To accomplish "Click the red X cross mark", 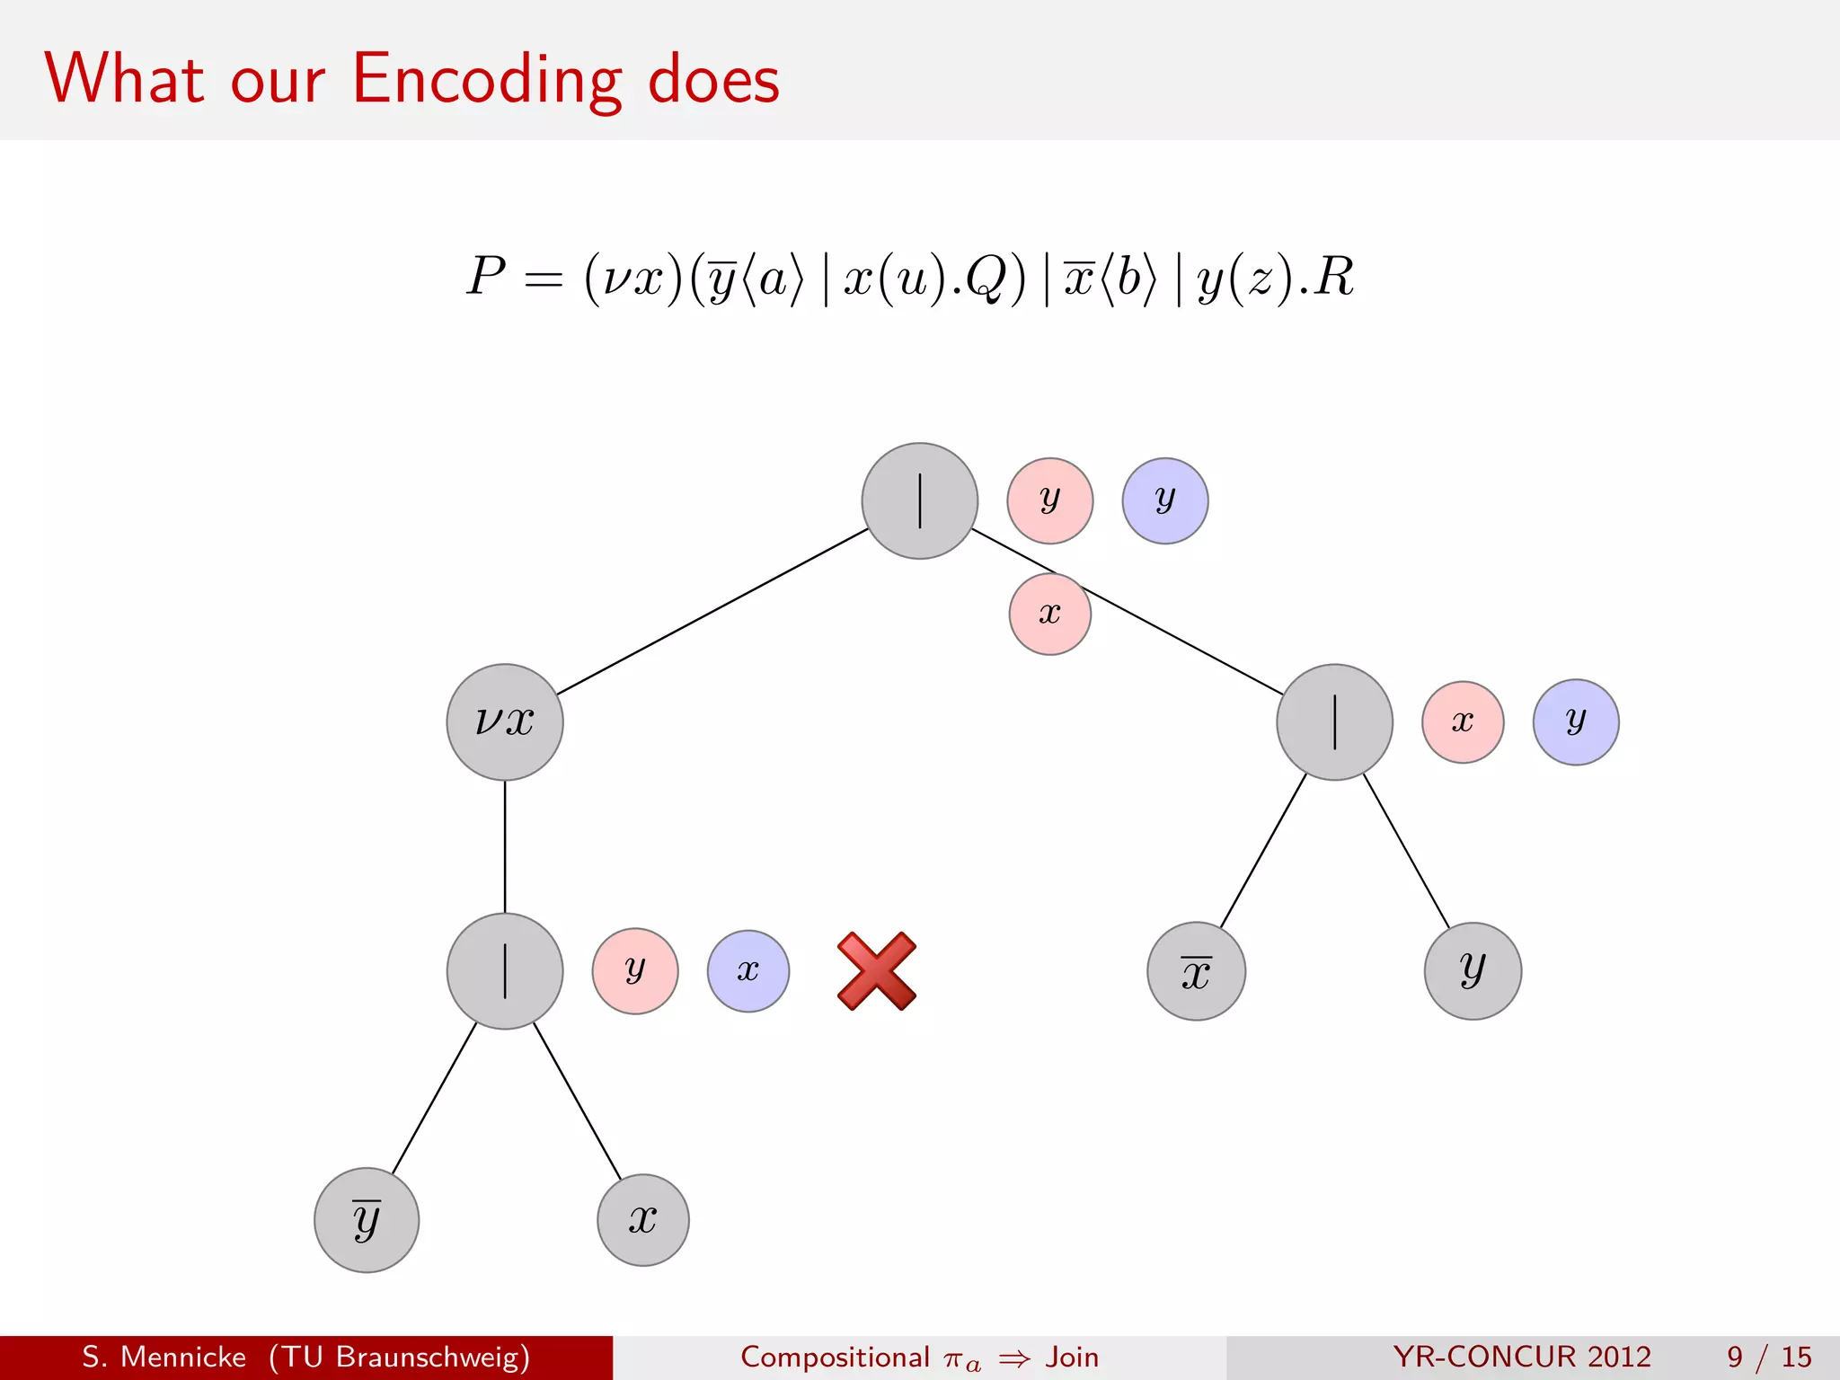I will pos(876,971).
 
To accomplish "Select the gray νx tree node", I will pos(505,721).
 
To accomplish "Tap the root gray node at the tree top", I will pos(919,500).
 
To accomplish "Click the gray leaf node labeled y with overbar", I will pos(367,1219).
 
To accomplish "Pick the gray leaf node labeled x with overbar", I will pos(1196,971).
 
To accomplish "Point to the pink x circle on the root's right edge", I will pos(1049,615).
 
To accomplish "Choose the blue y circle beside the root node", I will pos(1164,500).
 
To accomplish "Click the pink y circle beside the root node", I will pos(1049,500).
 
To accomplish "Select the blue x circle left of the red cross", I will pos(747,971).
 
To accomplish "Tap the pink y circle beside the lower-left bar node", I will pos(634,971).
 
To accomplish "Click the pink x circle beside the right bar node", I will pos(1462,721).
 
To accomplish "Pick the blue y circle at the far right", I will pos(1575,721).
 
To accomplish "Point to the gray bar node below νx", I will pos(505,971).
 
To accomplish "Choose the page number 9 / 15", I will pos(1768,1357).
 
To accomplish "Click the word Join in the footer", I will pos(1071,1357).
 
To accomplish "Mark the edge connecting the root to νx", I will pos(712,611).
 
